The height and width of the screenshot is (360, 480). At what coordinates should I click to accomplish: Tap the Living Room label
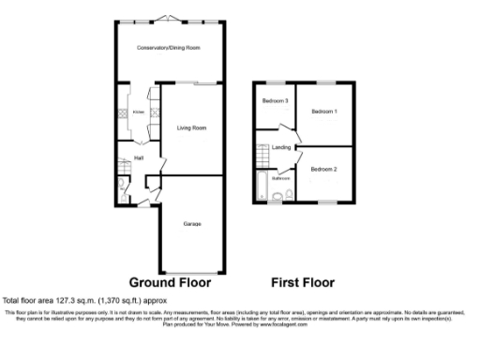click(191, 127)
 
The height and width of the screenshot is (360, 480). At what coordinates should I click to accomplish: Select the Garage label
click(191, 223)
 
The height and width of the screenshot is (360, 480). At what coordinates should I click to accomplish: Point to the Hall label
click(139, 157)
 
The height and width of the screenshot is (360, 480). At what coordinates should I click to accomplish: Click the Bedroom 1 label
click(324, 112)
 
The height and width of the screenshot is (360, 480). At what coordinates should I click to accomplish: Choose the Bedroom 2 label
click(323, 169)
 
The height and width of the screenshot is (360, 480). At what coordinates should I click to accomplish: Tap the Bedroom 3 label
click(274, 101)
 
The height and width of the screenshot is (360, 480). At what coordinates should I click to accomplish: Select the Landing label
click(280, 148)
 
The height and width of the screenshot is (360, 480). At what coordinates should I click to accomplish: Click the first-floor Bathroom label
click(279, 177)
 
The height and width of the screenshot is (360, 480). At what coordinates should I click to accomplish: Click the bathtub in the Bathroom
click(260, 184)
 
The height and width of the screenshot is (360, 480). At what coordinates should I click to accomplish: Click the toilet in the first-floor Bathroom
click(289, 195)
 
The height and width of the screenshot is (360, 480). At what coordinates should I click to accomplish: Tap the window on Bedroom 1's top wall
click(324, 83)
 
